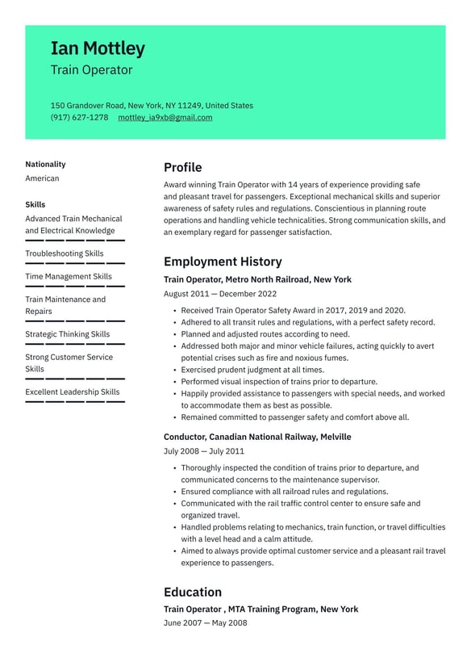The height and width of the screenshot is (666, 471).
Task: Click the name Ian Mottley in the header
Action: click(98, 48)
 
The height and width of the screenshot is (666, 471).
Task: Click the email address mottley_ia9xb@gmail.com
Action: click(165, 117)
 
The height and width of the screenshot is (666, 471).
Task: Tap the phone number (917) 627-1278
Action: click(79, 117)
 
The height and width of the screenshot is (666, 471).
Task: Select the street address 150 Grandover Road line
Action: click(152, 105)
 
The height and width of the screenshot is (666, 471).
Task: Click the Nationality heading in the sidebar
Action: click(45, 164)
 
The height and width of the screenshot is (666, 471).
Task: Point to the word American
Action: click(42, 178)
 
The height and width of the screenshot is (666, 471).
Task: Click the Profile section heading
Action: click(182, 167)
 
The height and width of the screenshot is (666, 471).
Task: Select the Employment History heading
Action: click(223, 262)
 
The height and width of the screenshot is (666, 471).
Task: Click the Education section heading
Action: click(192, 592)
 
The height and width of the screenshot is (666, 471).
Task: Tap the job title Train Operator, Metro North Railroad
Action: click(257, 279)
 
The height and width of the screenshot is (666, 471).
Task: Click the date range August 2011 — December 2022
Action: click(219, 294)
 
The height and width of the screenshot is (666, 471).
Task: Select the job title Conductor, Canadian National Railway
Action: click(257, 437)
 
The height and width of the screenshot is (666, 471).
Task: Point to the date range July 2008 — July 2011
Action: click(203, 451)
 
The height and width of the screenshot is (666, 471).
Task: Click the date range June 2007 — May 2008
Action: click(205, 622)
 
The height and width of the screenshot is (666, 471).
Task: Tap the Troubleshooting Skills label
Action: click(65, 253)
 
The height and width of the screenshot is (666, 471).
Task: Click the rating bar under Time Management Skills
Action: click(75, 287)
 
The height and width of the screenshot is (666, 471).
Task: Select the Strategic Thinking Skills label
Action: click(68, 334)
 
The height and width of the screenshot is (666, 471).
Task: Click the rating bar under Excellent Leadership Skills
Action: click(75, 402)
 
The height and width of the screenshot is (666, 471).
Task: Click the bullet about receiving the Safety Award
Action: click(293, 310)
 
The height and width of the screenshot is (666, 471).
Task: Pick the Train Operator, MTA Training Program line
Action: click(261, 609)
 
